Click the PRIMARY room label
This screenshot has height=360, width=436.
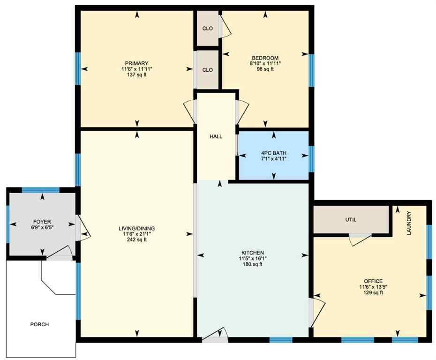[136, 63]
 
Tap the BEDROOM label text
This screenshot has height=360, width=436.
[265, 57]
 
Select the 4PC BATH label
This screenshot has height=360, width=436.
[274, 152]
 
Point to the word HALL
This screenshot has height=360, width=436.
[216, 136]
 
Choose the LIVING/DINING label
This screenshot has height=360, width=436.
[136, 228]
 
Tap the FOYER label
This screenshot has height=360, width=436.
[42, 222]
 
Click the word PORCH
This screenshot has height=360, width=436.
[39, 324]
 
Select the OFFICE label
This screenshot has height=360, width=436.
[371, 281]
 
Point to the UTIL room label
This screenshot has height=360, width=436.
[352, 219]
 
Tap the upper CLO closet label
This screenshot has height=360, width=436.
[207, 29]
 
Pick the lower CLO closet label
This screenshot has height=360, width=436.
[207, 70]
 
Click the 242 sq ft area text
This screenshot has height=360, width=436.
[136, 240]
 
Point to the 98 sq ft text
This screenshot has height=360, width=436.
[265, 69]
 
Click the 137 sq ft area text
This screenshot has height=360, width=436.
[136, 75]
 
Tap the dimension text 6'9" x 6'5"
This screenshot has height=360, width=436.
[42, 228]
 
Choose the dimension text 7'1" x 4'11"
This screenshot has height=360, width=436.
[274, 158]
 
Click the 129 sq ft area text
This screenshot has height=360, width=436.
[371, 293]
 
